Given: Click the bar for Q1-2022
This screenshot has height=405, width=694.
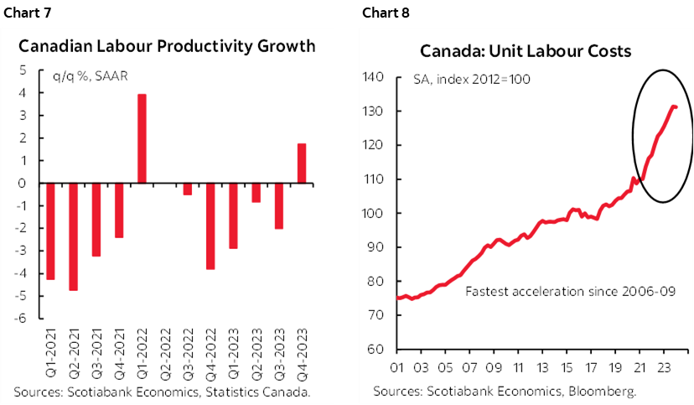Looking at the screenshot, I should [142, 138].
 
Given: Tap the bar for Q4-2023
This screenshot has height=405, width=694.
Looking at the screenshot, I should [302, 164].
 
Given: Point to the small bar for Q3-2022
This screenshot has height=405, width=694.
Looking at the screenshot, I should [188, 189].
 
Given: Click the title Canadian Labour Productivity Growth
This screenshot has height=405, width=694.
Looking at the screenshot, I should [167, 46].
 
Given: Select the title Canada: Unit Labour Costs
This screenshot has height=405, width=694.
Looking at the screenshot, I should [526, 51].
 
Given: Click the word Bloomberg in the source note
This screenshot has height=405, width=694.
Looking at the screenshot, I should [603, 391].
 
